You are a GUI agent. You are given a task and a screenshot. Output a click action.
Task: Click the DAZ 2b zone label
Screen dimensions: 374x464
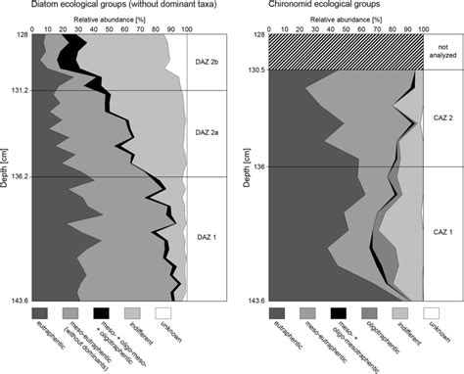207,62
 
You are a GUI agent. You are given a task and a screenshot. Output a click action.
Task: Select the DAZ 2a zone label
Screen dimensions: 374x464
207,132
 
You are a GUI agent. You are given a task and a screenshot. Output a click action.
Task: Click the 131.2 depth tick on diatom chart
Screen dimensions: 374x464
19,91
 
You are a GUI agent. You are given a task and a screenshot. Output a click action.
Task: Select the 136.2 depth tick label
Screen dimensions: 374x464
19,177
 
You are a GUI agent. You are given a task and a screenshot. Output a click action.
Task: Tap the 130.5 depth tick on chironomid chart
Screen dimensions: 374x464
253,70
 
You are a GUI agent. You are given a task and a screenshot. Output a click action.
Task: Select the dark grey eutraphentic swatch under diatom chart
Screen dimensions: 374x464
45,311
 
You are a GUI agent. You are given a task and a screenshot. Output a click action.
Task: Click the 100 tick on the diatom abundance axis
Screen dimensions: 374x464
186,28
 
